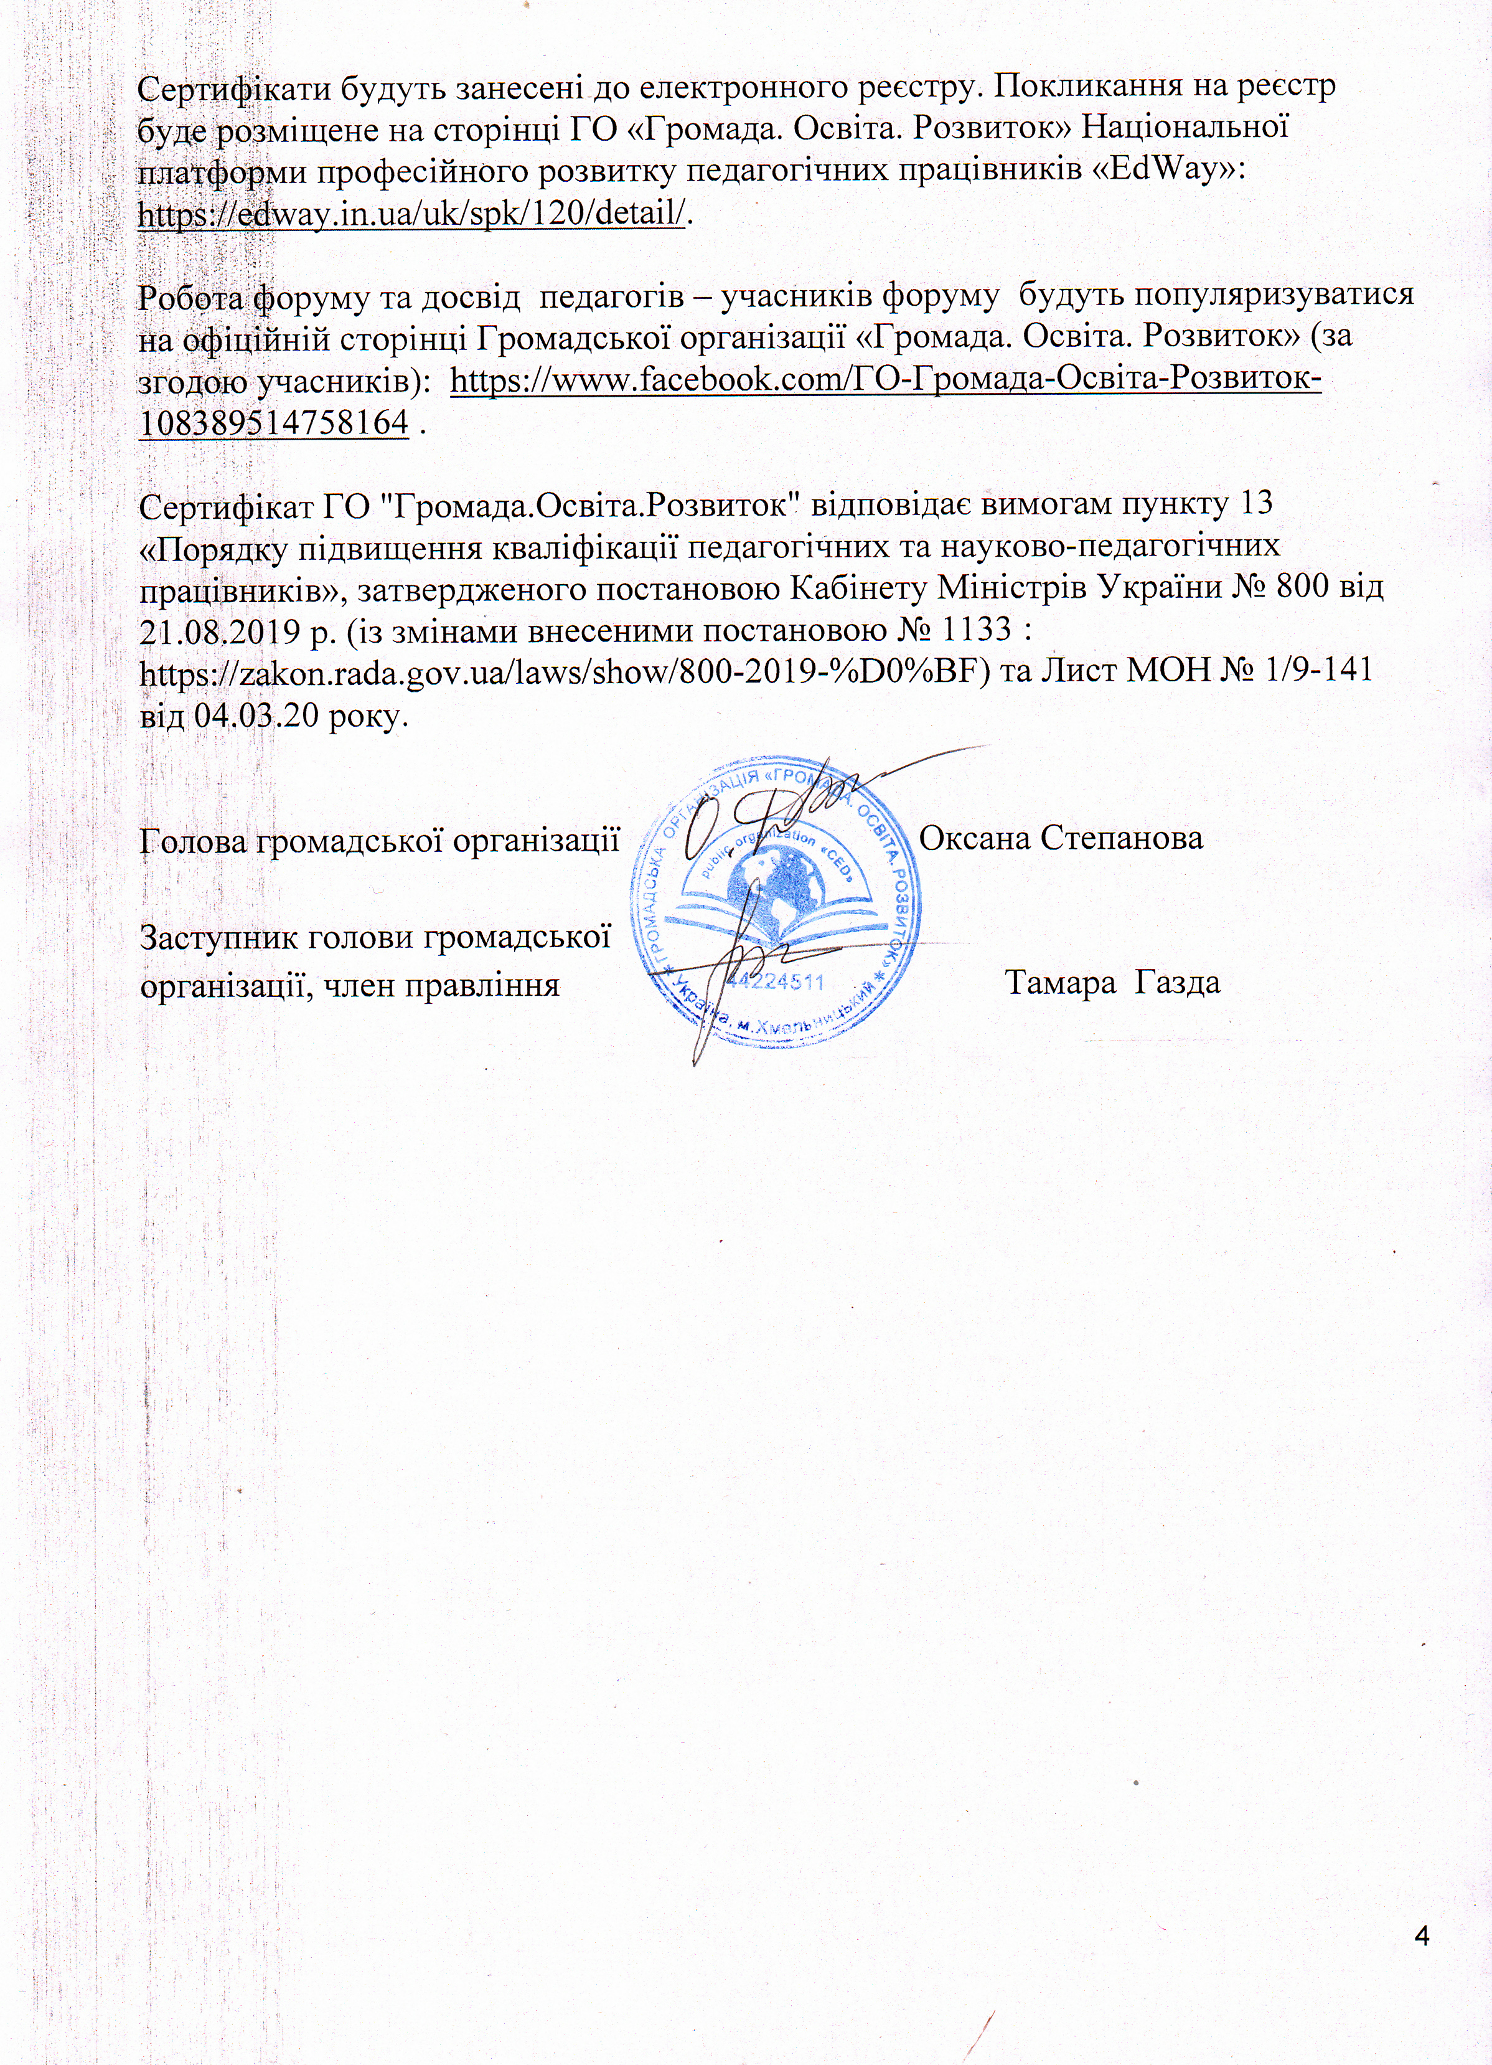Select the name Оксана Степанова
tap(1061, 838)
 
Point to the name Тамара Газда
tap(1112, 983)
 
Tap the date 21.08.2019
tap(221, 630)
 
